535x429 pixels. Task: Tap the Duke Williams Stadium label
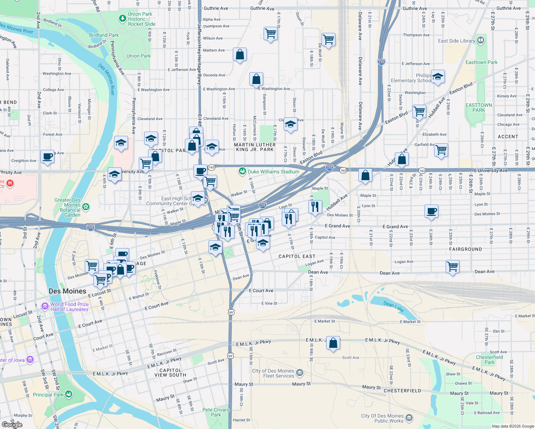click(273, 172)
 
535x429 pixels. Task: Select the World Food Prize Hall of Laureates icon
click(45, 306)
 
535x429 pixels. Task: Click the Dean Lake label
click(393, 306)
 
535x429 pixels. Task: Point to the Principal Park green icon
click(69, 394)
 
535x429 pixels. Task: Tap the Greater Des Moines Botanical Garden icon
click(85, 207)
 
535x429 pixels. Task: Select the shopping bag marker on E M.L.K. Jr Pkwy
click(333, 343)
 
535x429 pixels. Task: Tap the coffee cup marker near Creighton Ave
click(47, 157)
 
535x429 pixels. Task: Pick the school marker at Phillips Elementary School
click(438, 77)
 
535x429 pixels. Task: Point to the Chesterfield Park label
click(489, 360)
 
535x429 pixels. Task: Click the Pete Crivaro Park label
click(216, 412)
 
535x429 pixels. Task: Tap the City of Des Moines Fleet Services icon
click(300, 373)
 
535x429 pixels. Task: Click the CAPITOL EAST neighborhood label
click(297, 256)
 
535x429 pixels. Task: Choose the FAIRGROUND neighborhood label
click(465, 249)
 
